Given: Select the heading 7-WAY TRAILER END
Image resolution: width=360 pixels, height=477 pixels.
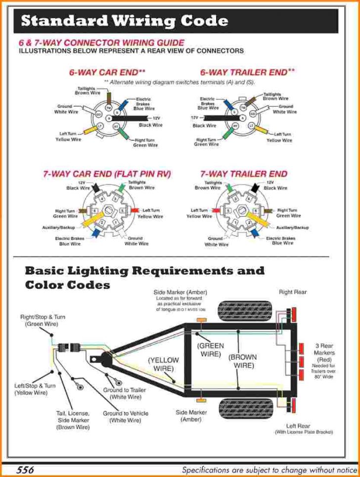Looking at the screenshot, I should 243,174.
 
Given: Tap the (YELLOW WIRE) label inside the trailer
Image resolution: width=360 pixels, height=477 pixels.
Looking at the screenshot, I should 163,365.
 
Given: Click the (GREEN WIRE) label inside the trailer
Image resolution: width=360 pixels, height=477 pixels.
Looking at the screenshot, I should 211,350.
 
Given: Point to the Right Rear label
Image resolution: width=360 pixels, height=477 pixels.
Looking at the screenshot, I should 293,292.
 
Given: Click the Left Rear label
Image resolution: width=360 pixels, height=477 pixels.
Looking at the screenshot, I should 298,426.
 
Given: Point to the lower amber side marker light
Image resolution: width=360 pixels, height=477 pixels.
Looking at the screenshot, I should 201,399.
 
